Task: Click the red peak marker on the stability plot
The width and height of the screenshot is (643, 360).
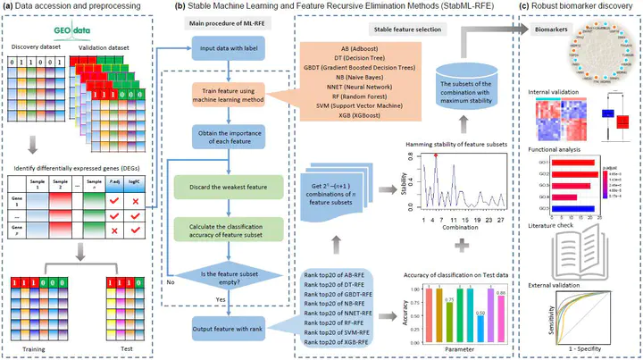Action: [435, 155]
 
